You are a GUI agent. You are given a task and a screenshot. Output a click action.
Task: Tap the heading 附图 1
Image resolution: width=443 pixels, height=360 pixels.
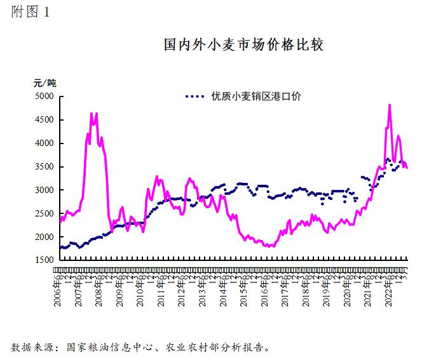click(x=30, y=13)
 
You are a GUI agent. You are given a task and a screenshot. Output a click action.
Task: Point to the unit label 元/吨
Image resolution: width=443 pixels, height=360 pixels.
click(x=45, y=83)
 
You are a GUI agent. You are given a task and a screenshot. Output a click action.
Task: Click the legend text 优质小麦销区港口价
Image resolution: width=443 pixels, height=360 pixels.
click(x=256, y=97)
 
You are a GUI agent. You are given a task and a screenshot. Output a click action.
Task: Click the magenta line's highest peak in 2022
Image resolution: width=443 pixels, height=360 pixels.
click(x=389, y=105)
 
